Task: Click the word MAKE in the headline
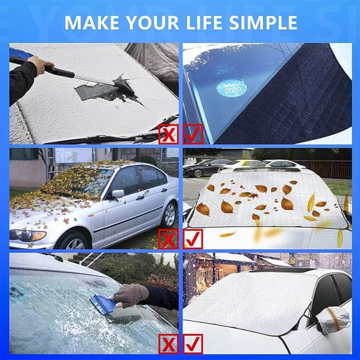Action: pos(92,23)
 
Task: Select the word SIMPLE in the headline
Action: pos(263,23)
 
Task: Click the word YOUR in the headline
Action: pos(153,23)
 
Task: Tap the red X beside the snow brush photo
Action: pos(168,134)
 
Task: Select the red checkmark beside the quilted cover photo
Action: pos(193,134)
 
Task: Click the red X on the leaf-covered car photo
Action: pos(168,239)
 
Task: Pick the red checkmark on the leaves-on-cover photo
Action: pos(193,239)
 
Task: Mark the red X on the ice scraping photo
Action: pos(168,344)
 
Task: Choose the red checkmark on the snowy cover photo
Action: pos(193,344)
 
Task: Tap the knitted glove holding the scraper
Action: pos(131,295)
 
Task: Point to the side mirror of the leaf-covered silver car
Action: pos(118,194)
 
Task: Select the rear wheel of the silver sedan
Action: pos(170,214)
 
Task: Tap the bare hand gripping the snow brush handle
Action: pos(41,64)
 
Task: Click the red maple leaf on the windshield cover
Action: pos(255,196)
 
